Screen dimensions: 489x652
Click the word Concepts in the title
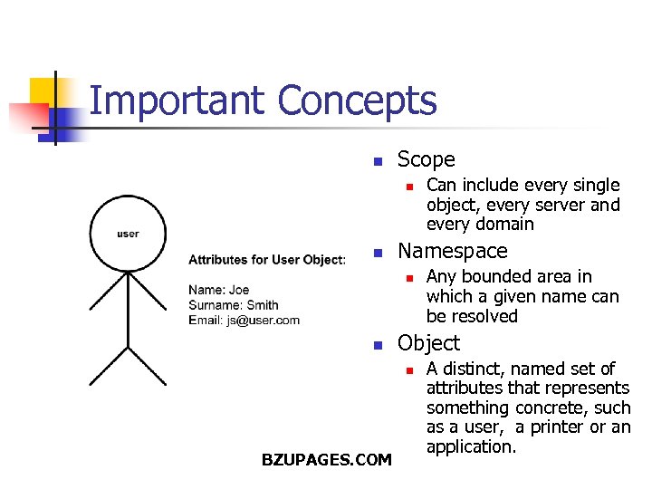pos(358,101)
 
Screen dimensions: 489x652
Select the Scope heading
pos(426,160)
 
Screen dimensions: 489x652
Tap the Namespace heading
pos(453,251)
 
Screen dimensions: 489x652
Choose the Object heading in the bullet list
pos(428,343)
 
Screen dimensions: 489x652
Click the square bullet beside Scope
pos(379,162)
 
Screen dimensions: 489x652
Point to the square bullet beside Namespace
pos(379,253)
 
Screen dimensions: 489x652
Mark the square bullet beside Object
pos(379,345)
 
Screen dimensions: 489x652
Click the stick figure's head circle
pos(128,234)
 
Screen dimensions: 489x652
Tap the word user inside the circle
pos(128,234)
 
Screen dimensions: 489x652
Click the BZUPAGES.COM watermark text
pos(326,460)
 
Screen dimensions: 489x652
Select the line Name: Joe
pos(219,290)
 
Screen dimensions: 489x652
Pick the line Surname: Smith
pos(234,305)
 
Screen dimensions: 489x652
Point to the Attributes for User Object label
pos(266,260)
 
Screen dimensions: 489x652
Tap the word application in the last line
pos(471,447)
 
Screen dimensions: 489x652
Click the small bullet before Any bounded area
pos(408,278)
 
